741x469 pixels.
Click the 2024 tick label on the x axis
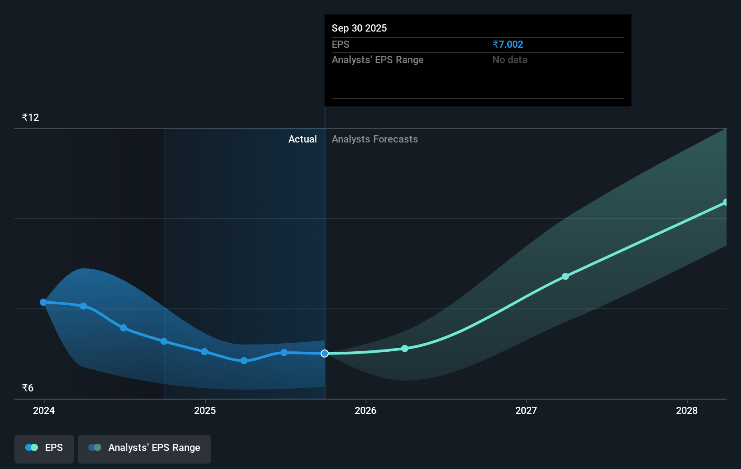[x=44, y=410]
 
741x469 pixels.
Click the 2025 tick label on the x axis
[x=205, y=410]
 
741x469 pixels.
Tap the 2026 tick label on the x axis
[x=366, y=410]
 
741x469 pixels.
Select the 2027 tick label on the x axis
[x=526, y=410]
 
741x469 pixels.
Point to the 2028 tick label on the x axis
[x=687, y=410]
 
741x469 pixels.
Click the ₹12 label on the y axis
[x=30, y=118]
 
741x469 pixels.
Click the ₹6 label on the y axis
[x=28, y=388]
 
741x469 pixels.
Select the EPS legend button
[x=44, y=448]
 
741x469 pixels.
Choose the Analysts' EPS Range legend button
[x=144, y=448]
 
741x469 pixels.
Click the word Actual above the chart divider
[x=302, y=139]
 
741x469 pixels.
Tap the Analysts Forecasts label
[x=375, y=139]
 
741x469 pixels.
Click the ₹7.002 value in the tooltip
[x=508, y=45]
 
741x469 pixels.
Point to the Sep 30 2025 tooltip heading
[x=359, y=28]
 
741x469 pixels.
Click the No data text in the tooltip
[x=509, y=60]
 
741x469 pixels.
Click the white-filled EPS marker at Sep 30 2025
[x=324, y=354]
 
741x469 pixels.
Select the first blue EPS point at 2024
[x=43, y=302]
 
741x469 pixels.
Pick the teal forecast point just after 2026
[x=405, y=349]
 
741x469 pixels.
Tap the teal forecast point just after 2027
[x=565, y=276]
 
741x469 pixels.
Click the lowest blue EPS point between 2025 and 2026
[x=244, y=361]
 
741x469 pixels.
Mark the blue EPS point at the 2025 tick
[x=204, y=352]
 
